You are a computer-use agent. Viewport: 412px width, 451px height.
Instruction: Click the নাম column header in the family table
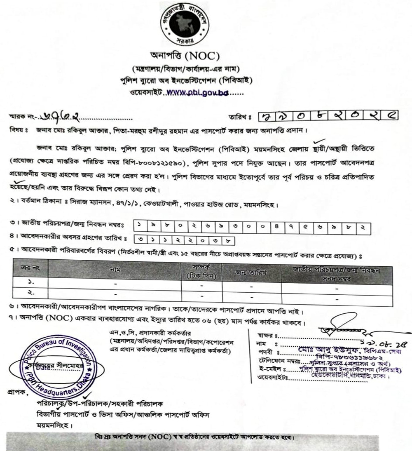click(x=115, y=270)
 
